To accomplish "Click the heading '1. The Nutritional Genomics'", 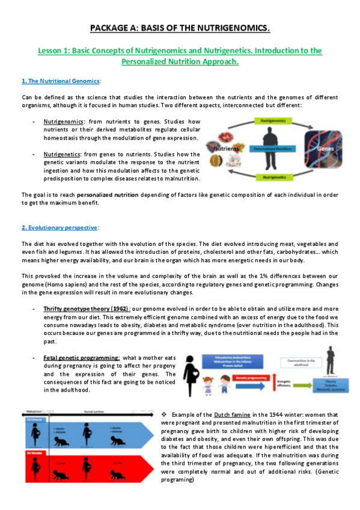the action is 61,81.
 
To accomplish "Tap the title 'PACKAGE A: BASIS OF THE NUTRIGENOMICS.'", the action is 180,28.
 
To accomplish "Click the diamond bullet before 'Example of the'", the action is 164,415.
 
